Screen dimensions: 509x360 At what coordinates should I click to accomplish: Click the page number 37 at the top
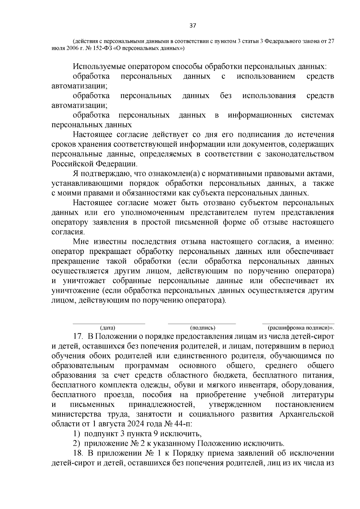coord(193,26)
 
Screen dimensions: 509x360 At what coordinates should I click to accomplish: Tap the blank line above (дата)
coord(109,324)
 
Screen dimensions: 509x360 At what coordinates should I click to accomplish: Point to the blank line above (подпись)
coord(202,324)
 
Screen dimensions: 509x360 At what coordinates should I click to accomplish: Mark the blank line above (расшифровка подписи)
coord(298,324)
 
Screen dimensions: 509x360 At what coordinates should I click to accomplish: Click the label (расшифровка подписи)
coord(301,328)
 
